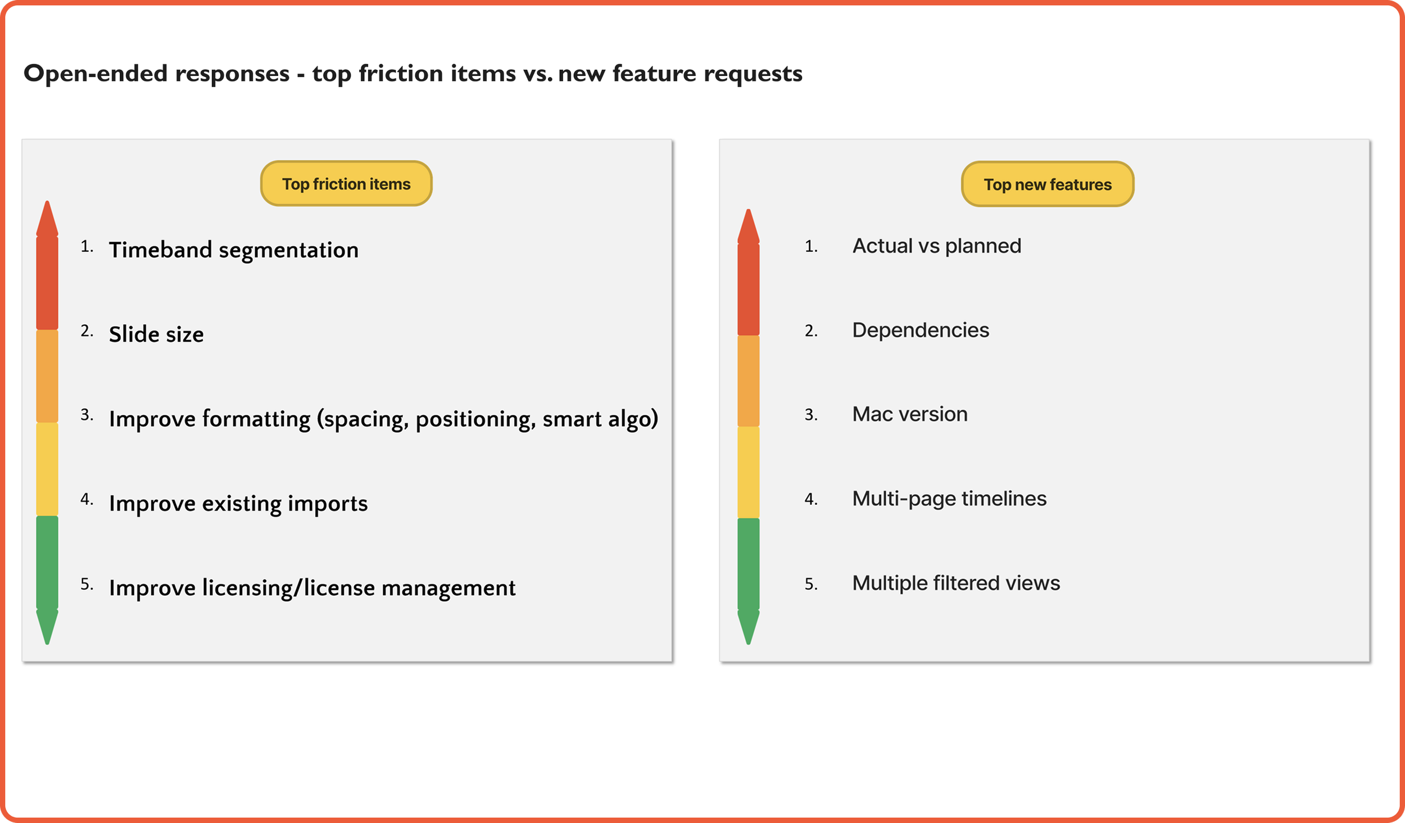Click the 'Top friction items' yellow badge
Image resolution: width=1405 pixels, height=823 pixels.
[346, 184]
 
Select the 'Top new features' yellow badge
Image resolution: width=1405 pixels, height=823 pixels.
[1047, 184]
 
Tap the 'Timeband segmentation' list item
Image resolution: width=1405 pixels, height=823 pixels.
[233, 250]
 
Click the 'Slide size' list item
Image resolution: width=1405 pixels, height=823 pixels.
[156, 334]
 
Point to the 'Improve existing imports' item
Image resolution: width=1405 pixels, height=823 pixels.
[238, 504]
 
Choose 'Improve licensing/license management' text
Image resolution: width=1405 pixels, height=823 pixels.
[312, 588]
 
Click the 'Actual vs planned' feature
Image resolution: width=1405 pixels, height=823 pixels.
[936, 246]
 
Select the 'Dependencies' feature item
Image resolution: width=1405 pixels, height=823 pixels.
[920, 331]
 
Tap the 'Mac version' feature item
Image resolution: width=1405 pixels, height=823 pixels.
[909, 414]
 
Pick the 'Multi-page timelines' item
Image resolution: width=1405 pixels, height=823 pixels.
[949, 499]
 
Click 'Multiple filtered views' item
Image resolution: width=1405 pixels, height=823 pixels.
[955, 583]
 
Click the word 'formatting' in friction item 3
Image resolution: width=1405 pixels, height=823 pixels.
[256, 419]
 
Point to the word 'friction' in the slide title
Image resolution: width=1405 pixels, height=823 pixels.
[401, 74]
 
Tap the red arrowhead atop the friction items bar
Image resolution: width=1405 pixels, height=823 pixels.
[47, 219]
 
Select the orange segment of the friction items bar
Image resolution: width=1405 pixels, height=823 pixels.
[47, 376]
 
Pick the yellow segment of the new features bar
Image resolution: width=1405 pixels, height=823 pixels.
[748, 472]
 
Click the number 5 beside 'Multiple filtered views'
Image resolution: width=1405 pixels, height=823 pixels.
[810, 584]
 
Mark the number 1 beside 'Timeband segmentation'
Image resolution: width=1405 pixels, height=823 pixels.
[86, 247]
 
